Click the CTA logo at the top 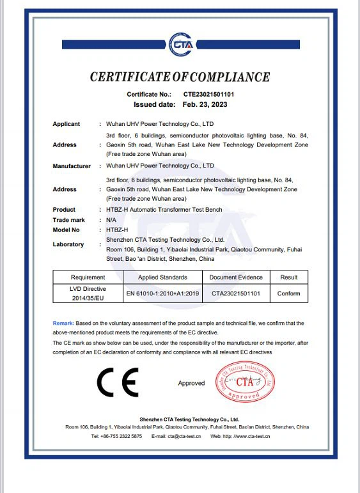(180, 45)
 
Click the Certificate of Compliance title (180, 77)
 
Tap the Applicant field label (66, 124)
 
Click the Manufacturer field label (72, 166)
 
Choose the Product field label (64, 210)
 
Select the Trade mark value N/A (111, 219)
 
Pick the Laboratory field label (68, 244)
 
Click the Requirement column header (88, 278)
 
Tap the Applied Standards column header (162, 278)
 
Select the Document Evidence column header (236, 278)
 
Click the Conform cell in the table (288, 293)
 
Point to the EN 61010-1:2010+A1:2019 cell (162, 293)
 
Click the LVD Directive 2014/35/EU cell (88, 293)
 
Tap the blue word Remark (63, 324)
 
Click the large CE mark (117, 383)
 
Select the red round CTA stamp (245, 382)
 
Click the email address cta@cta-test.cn (185, 435)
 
